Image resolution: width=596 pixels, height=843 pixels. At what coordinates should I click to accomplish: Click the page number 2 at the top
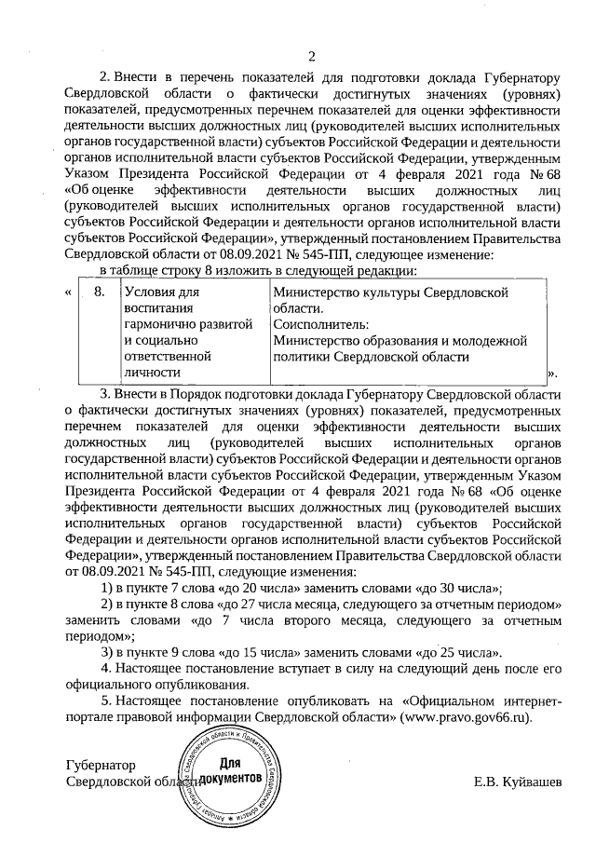click(313, 56)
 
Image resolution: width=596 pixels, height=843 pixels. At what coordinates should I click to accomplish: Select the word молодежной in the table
click(506, 340)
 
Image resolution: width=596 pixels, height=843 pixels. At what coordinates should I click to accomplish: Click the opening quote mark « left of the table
click(70, 292)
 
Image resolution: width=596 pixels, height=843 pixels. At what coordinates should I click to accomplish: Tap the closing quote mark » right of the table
click(552, 374)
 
